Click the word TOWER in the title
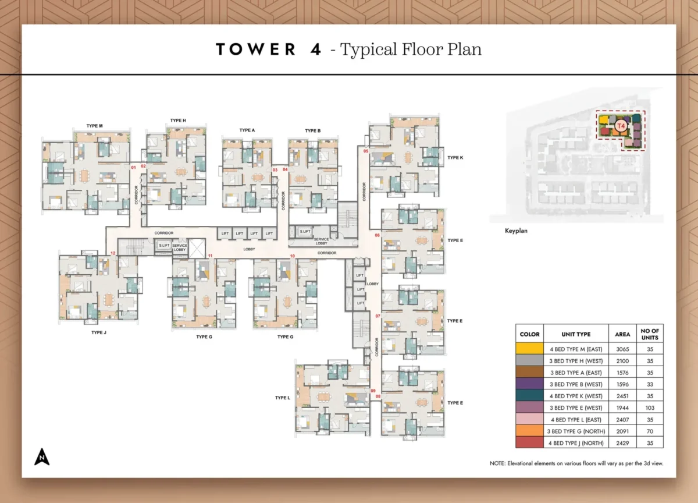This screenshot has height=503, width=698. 256,49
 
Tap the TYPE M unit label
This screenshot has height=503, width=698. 94,126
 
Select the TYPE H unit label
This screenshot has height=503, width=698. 178,120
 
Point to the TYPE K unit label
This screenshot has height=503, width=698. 455,157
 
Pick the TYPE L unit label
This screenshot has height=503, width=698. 283,398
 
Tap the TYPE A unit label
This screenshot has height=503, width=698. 247,130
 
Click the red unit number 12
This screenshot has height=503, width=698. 113,253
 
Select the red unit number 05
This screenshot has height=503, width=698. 366,151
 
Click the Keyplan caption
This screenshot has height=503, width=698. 517,231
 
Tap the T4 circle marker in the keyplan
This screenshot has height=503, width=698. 621,125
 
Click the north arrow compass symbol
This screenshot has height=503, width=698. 41,457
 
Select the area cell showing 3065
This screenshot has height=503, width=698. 622,348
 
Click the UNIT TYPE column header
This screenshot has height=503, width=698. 576,334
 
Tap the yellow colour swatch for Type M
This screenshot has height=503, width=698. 529,348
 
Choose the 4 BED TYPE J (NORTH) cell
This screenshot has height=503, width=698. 576,443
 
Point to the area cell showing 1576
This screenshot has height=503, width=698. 622,372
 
